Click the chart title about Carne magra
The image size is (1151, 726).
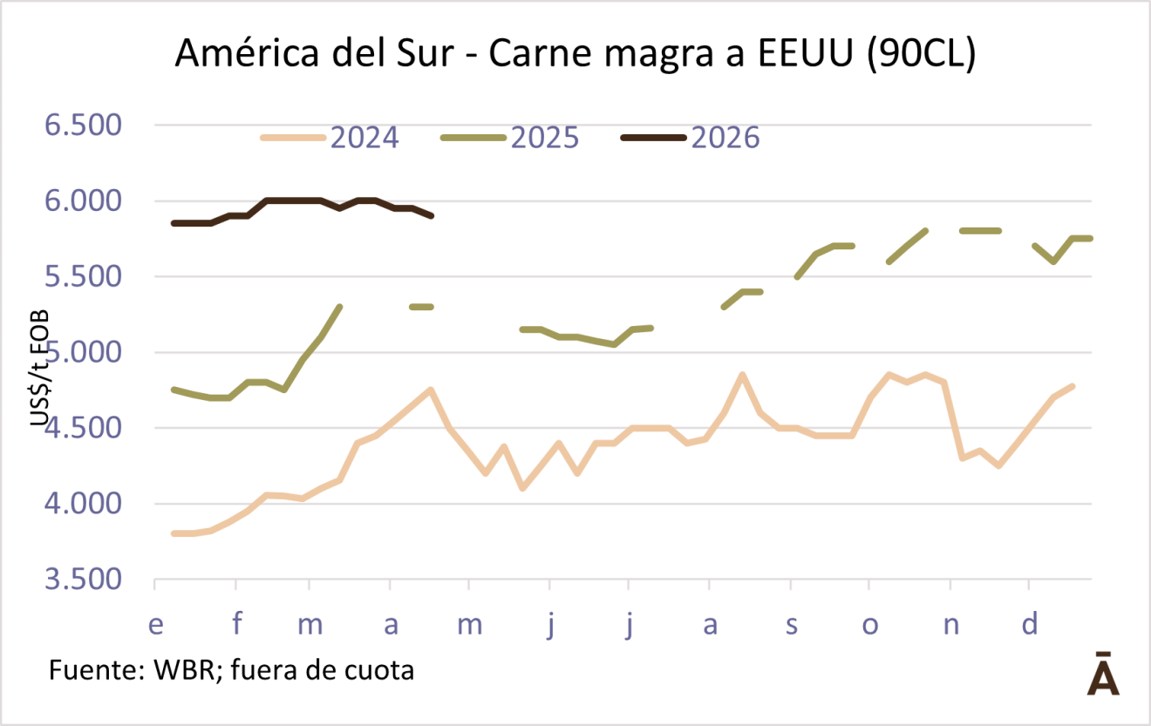tap(575, 54)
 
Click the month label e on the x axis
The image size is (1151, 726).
tap(156, 624)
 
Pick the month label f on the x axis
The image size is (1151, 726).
tap(235, 624)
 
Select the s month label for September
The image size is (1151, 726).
tap(790, 624)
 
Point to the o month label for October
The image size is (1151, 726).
tap(869, 624)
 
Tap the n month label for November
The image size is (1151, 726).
tap(950, 624)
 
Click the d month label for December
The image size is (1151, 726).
tap(1030, 624)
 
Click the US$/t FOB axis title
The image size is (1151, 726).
tap(39, 367)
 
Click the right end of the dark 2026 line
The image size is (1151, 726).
tap(432, 215)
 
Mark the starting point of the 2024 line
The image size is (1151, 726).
tap(174, 533)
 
